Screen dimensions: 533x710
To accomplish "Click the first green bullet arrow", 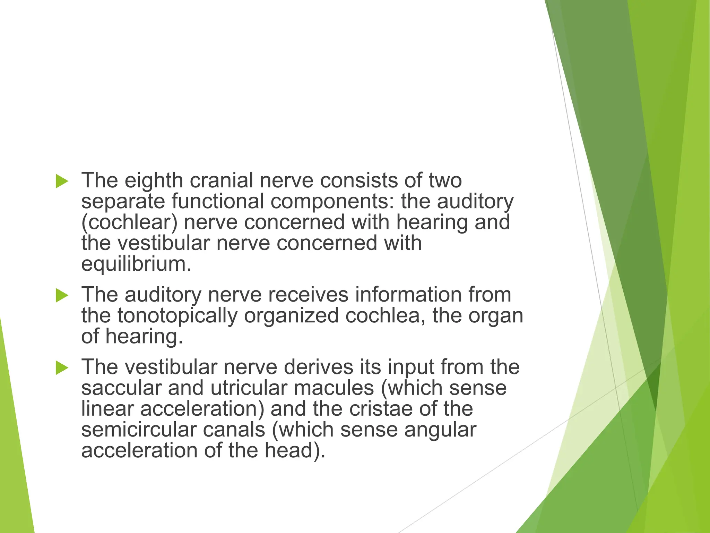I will point(62,181).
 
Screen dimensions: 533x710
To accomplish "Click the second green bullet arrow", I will point(62,296).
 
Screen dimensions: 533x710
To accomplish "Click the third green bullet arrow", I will point(62,368).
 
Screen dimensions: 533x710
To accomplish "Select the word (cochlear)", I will point(129,222).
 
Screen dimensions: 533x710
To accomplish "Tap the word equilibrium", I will point(136,264).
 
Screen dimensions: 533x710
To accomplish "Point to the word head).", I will point(295,450).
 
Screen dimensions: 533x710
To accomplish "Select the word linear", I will point(107,409).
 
